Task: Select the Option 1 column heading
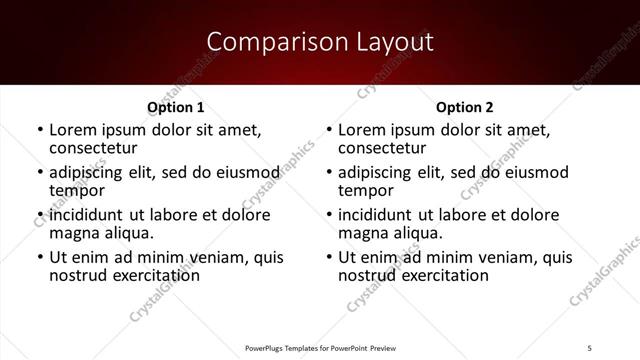pyautogui.click(x=176, y=107)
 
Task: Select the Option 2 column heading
pyautogui.click(x=465, y=107)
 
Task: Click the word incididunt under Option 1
pyautogui.click(x=87, y=215)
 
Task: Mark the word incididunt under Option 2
pyautogui.click(x=376, y=215)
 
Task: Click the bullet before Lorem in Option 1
pyautogui.click(x=39, y=130)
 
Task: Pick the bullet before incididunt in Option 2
pyautogui.click(x=328, y=216)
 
